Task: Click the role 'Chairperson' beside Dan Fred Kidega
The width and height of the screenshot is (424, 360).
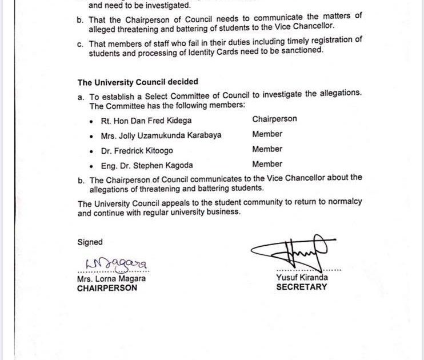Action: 274,119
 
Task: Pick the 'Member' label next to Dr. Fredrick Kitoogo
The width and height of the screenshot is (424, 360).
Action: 267,149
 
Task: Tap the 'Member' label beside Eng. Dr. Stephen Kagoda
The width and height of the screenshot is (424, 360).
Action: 267,164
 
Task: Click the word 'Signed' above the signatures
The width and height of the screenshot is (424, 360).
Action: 90,242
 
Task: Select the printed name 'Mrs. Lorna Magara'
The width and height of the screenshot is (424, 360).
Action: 111,279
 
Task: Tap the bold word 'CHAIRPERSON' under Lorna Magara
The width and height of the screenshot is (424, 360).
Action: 107,289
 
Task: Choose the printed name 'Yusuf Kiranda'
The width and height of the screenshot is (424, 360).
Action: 302,278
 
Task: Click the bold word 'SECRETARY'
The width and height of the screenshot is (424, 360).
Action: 302,287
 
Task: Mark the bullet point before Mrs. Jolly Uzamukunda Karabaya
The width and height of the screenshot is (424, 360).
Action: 93,136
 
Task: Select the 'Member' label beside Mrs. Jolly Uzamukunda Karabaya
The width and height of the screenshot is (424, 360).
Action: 267,134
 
